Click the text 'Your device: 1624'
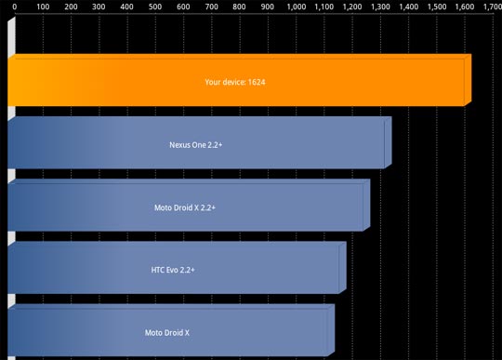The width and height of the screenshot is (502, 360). (236, 82)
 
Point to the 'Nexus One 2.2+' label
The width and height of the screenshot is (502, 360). (196, 145)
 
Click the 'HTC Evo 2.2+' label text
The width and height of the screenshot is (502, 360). (173, 270)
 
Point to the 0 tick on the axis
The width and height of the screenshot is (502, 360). (14, 7)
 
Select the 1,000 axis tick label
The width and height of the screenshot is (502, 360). (297, 7)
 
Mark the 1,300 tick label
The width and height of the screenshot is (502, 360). (380, 7)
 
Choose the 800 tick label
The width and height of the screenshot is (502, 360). (240, 7)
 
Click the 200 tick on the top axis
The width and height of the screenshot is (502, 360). (70, 7)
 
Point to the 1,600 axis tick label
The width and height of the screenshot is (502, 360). (464, 7)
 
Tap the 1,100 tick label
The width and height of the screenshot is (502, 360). (324, 7)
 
